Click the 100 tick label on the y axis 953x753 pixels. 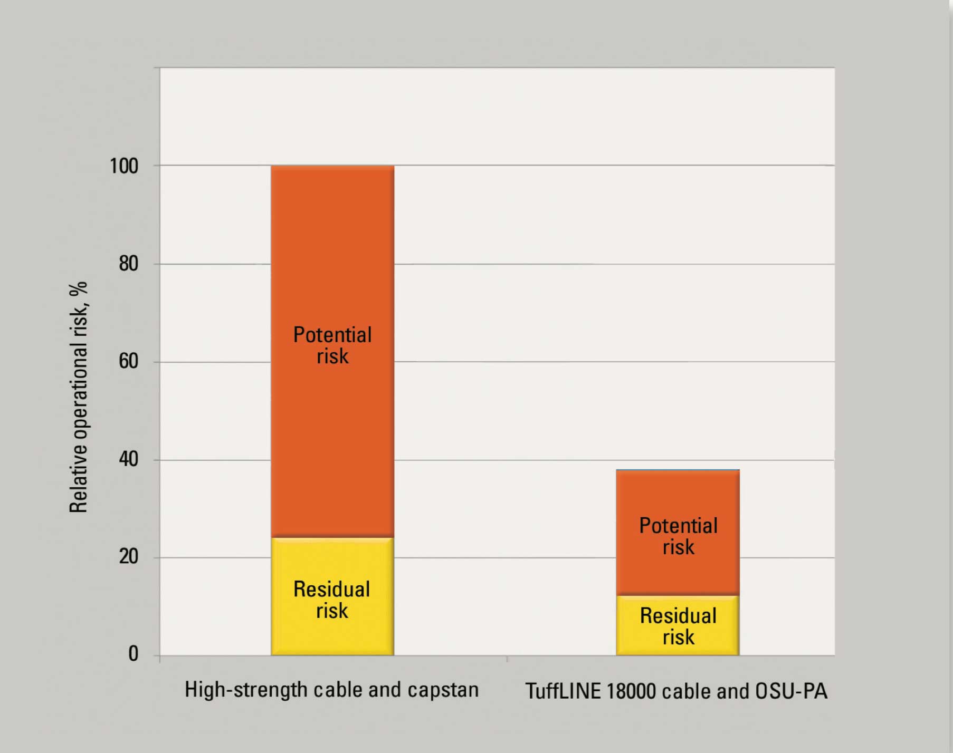(123, 166)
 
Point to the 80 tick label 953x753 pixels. (128, 264)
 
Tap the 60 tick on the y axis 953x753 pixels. (128, 361)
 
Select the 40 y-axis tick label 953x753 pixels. (128, 459)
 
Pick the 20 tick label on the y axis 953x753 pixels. (128, 557)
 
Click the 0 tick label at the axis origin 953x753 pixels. (133, 654)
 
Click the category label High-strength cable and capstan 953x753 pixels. (331, 690)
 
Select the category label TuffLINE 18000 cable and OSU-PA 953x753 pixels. (676, 691)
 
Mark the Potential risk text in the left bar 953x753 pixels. (332, 345)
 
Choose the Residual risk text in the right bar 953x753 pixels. (678, 626)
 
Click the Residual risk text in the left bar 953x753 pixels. (332, 600)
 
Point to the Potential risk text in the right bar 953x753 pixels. (678, 536)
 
